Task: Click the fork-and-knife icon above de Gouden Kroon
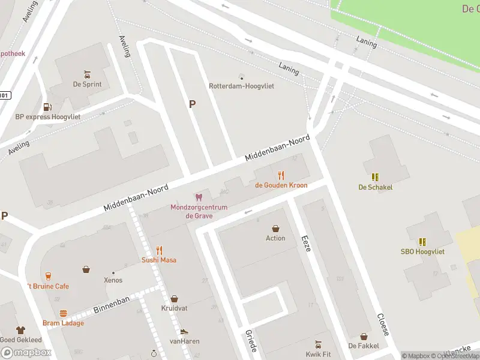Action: pos(281,175)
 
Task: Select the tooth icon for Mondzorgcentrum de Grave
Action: pos(198,197)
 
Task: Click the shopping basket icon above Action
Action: pos(275,229)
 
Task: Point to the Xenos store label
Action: pos(113,280)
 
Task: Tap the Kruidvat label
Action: pos(174,308)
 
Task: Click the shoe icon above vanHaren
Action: pos(184,331)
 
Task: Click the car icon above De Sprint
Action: pos(87,75)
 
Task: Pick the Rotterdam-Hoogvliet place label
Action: pos(241,86)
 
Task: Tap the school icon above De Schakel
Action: pos(375,177)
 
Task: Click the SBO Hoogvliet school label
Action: pos(422,251)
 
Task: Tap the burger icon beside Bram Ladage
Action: pos(63,313)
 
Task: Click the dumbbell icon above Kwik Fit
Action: pos(318,344)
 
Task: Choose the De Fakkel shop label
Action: pos(363,346)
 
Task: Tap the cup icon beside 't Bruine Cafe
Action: pos(47,276)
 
